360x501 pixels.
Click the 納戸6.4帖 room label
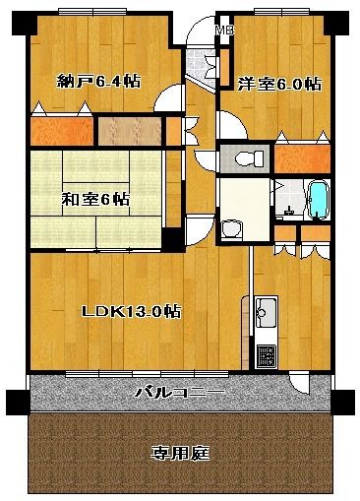98,81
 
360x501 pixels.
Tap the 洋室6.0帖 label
279,84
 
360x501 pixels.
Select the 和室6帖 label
95,199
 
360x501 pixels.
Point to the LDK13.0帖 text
131,311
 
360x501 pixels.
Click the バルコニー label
181,392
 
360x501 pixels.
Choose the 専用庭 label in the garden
180,453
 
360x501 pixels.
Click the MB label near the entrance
225,31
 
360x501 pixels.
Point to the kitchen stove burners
266,356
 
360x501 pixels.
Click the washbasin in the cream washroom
232,228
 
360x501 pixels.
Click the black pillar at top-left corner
23,24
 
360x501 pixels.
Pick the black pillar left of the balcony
18,402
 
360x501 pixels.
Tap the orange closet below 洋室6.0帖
302,158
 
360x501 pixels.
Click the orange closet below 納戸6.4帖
62,131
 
